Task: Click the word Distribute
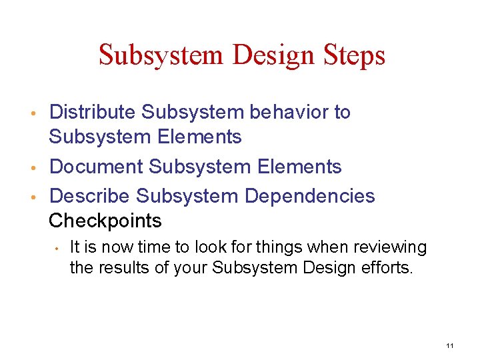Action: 93,112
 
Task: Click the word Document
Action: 96,166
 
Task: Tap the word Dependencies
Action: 310,196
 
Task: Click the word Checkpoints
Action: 105,220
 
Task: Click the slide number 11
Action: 450,345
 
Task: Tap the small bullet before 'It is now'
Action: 59,249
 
